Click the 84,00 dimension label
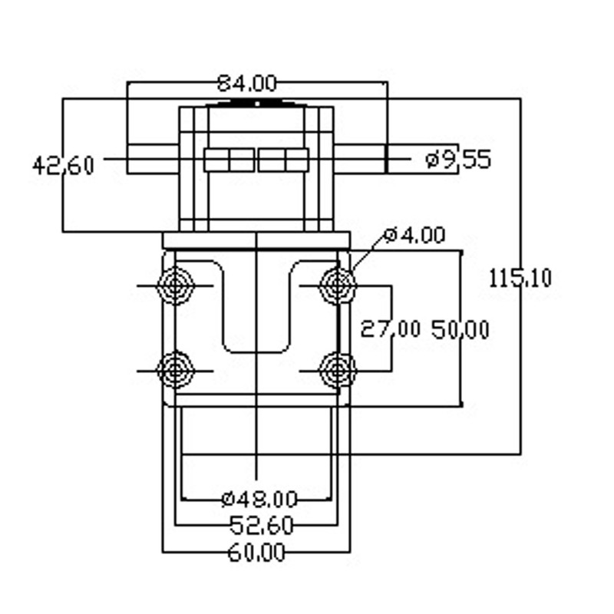pyautogui.click(x=246, y=84)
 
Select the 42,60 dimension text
pyautogui.click(x=63, y=166)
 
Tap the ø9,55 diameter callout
pyautogui.click(x=458, y=160)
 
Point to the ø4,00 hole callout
pyautogui.click(x=414, y=236)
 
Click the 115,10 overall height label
pyautogui.click(x=520, y=279)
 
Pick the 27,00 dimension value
pyautogui.click(x=391, y=329)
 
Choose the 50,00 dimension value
pyautogui.click(x=460, y=329)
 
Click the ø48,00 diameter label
pyautogui.click(x=259, y=500)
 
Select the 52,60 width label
pyautogui.click(x=261, y=525)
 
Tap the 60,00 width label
pyautogui.click(x=256, y=553)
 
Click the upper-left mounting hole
pyautogui.click(x=175, y=285)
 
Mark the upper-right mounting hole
pyautogui.click(x=338, y=285)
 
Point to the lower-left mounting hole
pyautogui.click(x=175, y=370)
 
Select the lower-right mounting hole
pyautogui.click(x=338, y=370)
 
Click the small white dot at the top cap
pyautogui.click(x=257, y=104)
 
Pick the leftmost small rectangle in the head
pyautogui.click(x=216, y=160)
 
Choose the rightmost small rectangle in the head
pyautogui.click(x=297, y=160)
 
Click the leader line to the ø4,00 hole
pyautogui.click(x=368, y=252)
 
